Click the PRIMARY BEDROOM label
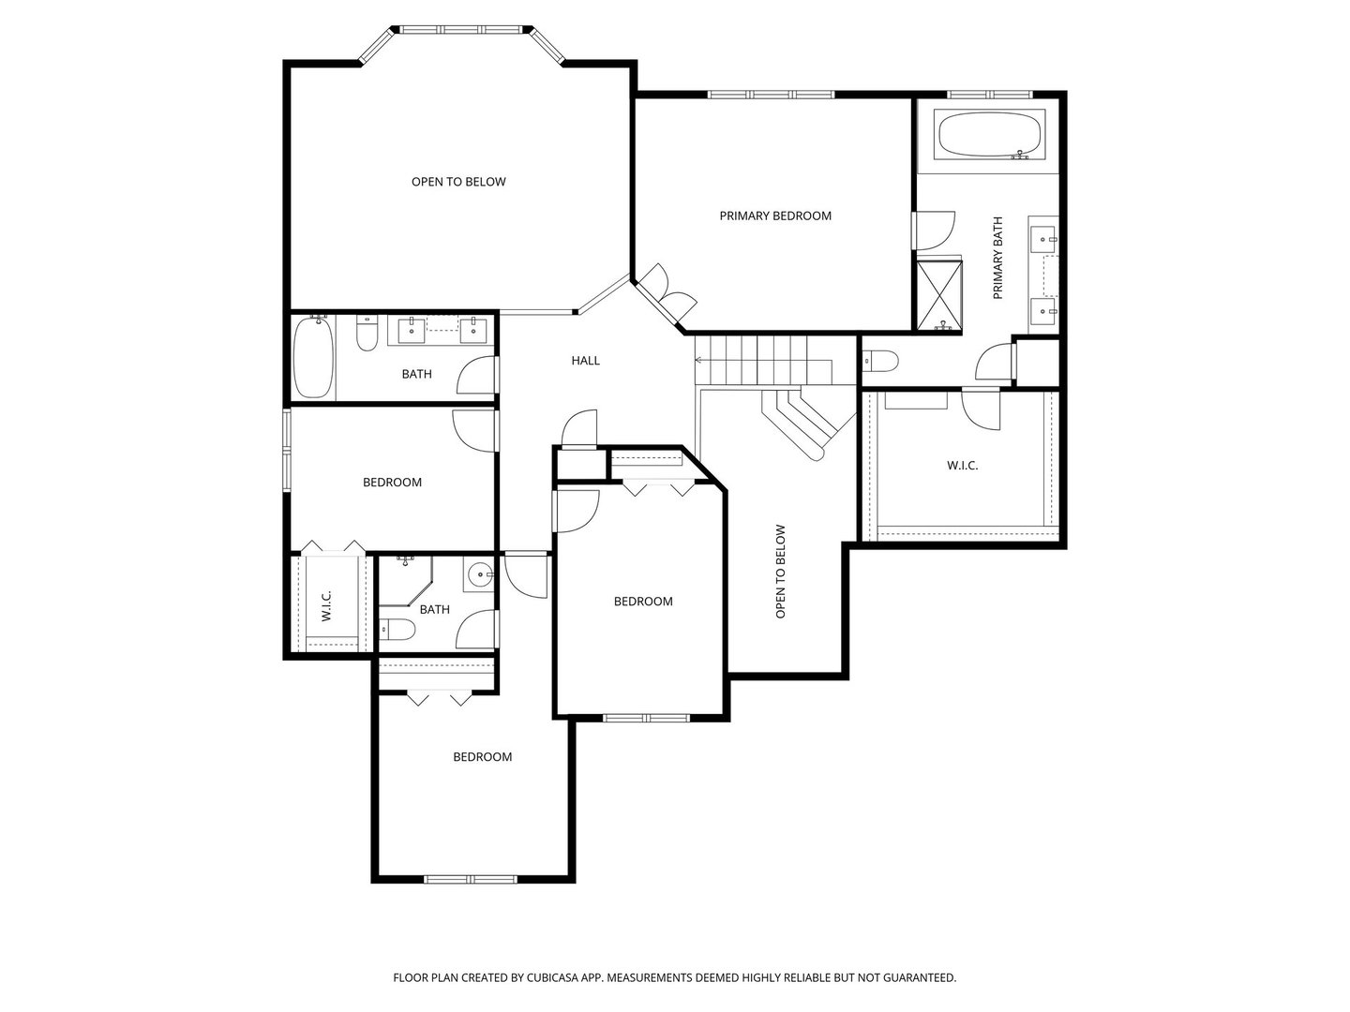(x=775, y=216)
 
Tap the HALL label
(x=586, y=360)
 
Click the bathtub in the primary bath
(x=990, y=137)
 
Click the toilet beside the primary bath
(x=880, y=361)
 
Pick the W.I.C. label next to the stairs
(x=962, y=465)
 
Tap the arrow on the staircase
(x=700, y=359)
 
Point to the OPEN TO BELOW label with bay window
(x=458, y=182)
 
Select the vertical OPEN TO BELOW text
(x=780, y=571)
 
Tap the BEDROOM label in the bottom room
(x=482, y=757)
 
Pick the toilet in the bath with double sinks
(x=367, y=335)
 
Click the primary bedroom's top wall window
(x=771, y=94)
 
